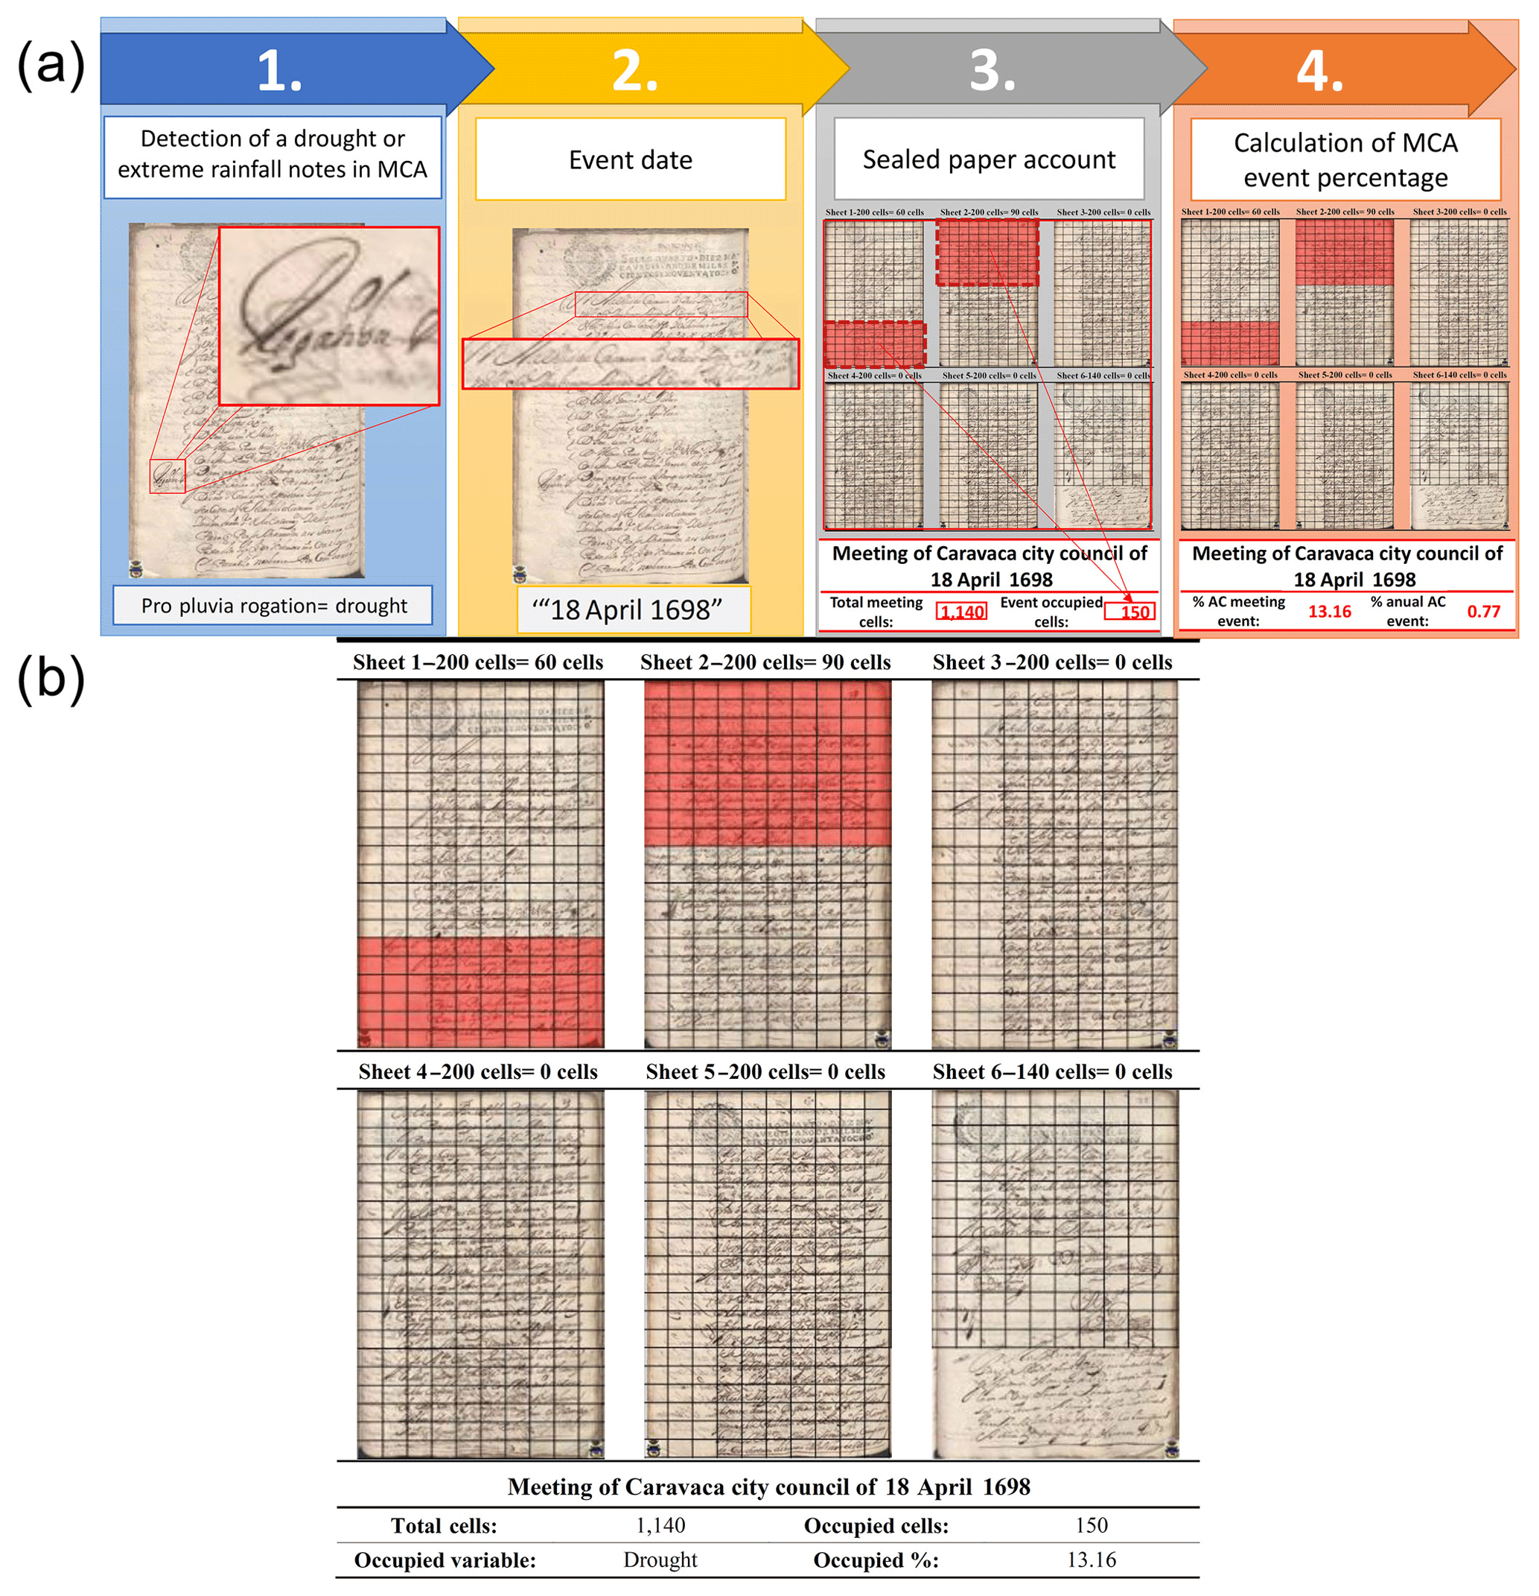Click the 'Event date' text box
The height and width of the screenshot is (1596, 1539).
pyautogui.click(x=631, y=159)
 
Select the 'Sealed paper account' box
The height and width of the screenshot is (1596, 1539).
pyautogui.click(x=989, y=159)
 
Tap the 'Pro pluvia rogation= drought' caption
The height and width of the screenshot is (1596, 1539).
pyautogui.click(x=273, y=606)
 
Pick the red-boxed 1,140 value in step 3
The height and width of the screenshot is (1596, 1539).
pyautogui.click(x=961, y=612)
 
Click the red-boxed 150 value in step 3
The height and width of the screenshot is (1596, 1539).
pyautogui.click(x=1130, y=612)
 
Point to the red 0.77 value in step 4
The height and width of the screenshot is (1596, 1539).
pyautogui.click(x=1483, y=612)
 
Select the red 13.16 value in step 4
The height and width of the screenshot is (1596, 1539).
pyautogui.click(x=1329, y=612)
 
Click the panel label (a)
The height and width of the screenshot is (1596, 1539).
pyautogui.click(x=51, y=65)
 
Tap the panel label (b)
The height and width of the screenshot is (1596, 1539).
pyautogui.click(x=51, y=678)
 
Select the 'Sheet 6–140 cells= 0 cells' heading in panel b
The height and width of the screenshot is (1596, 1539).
pyautogui.click(x=1052, y=1072)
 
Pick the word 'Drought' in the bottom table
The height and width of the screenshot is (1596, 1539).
pyautogui.click(x=660, y=1560)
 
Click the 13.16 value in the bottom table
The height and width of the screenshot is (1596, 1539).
pyautogui.click(x=1092, y=1560)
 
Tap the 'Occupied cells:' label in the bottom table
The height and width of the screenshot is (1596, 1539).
pyautogui.click(x=876, y=1526)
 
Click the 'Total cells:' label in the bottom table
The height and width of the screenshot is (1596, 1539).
pyautogui.click(x=444, y=1526)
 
